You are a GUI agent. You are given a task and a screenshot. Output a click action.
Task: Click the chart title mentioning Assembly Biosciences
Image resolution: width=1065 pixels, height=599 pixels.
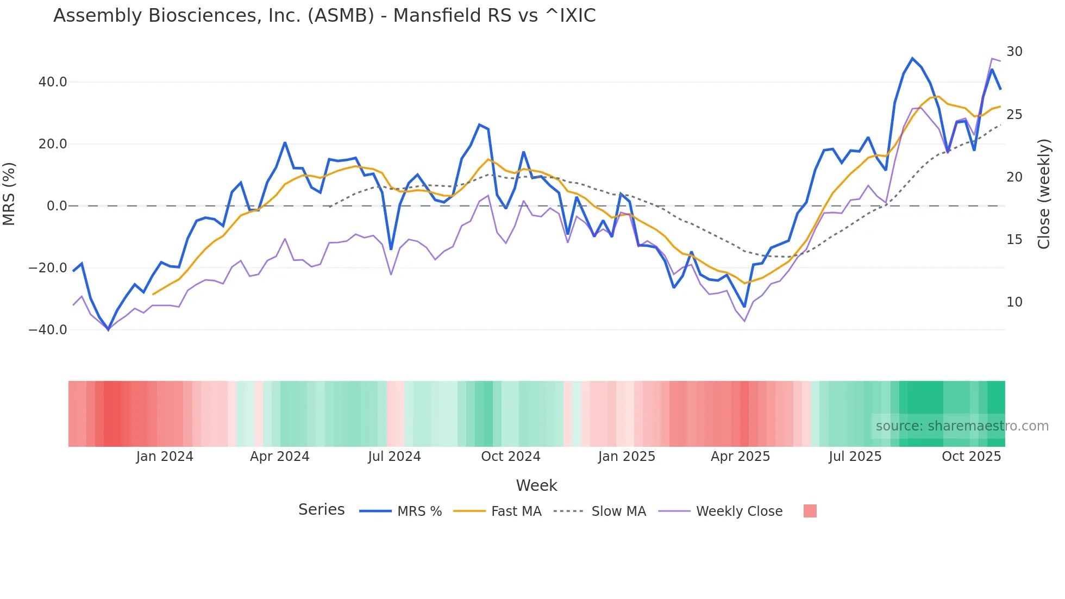(324, 16)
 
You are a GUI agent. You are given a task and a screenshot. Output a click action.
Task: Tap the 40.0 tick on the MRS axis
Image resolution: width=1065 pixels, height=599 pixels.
(53, 82)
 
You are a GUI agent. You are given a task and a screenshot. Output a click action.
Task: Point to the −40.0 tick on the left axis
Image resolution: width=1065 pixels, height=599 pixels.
(48, 330)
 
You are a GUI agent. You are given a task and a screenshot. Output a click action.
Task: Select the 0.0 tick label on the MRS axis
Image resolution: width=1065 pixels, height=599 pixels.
(57, 206)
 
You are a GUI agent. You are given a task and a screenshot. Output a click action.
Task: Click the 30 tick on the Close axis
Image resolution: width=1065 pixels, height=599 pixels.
(1014, 52)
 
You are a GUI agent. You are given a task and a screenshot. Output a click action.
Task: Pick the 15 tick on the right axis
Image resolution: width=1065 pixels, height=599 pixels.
(1014, 240)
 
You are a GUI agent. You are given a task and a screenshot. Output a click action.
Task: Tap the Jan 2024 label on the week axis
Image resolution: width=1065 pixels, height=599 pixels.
(165, 457)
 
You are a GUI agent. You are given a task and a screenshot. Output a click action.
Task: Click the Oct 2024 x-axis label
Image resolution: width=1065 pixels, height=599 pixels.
(510, 457)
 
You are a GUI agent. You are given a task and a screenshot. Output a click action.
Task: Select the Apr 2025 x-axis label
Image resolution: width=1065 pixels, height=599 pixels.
(740, 457)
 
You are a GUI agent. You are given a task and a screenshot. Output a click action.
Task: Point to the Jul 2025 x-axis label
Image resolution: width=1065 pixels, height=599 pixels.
(855, 457)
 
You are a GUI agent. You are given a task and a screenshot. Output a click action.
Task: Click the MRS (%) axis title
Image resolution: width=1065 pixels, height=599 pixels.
(9, 194)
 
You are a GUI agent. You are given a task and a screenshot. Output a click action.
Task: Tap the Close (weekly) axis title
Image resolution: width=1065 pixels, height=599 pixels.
(1043, 194)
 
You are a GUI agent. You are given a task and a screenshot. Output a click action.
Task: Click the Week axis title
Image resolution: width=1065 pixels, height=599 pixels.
(536, 485)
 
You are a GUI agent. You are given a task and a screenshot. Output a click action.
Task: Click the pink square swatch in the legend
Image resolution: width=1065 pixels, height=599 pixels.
(810, 511)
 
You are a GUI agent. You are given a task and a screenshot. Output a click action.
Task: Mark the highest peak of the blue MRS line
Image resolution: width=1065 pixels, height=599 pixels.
(912, 58)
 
